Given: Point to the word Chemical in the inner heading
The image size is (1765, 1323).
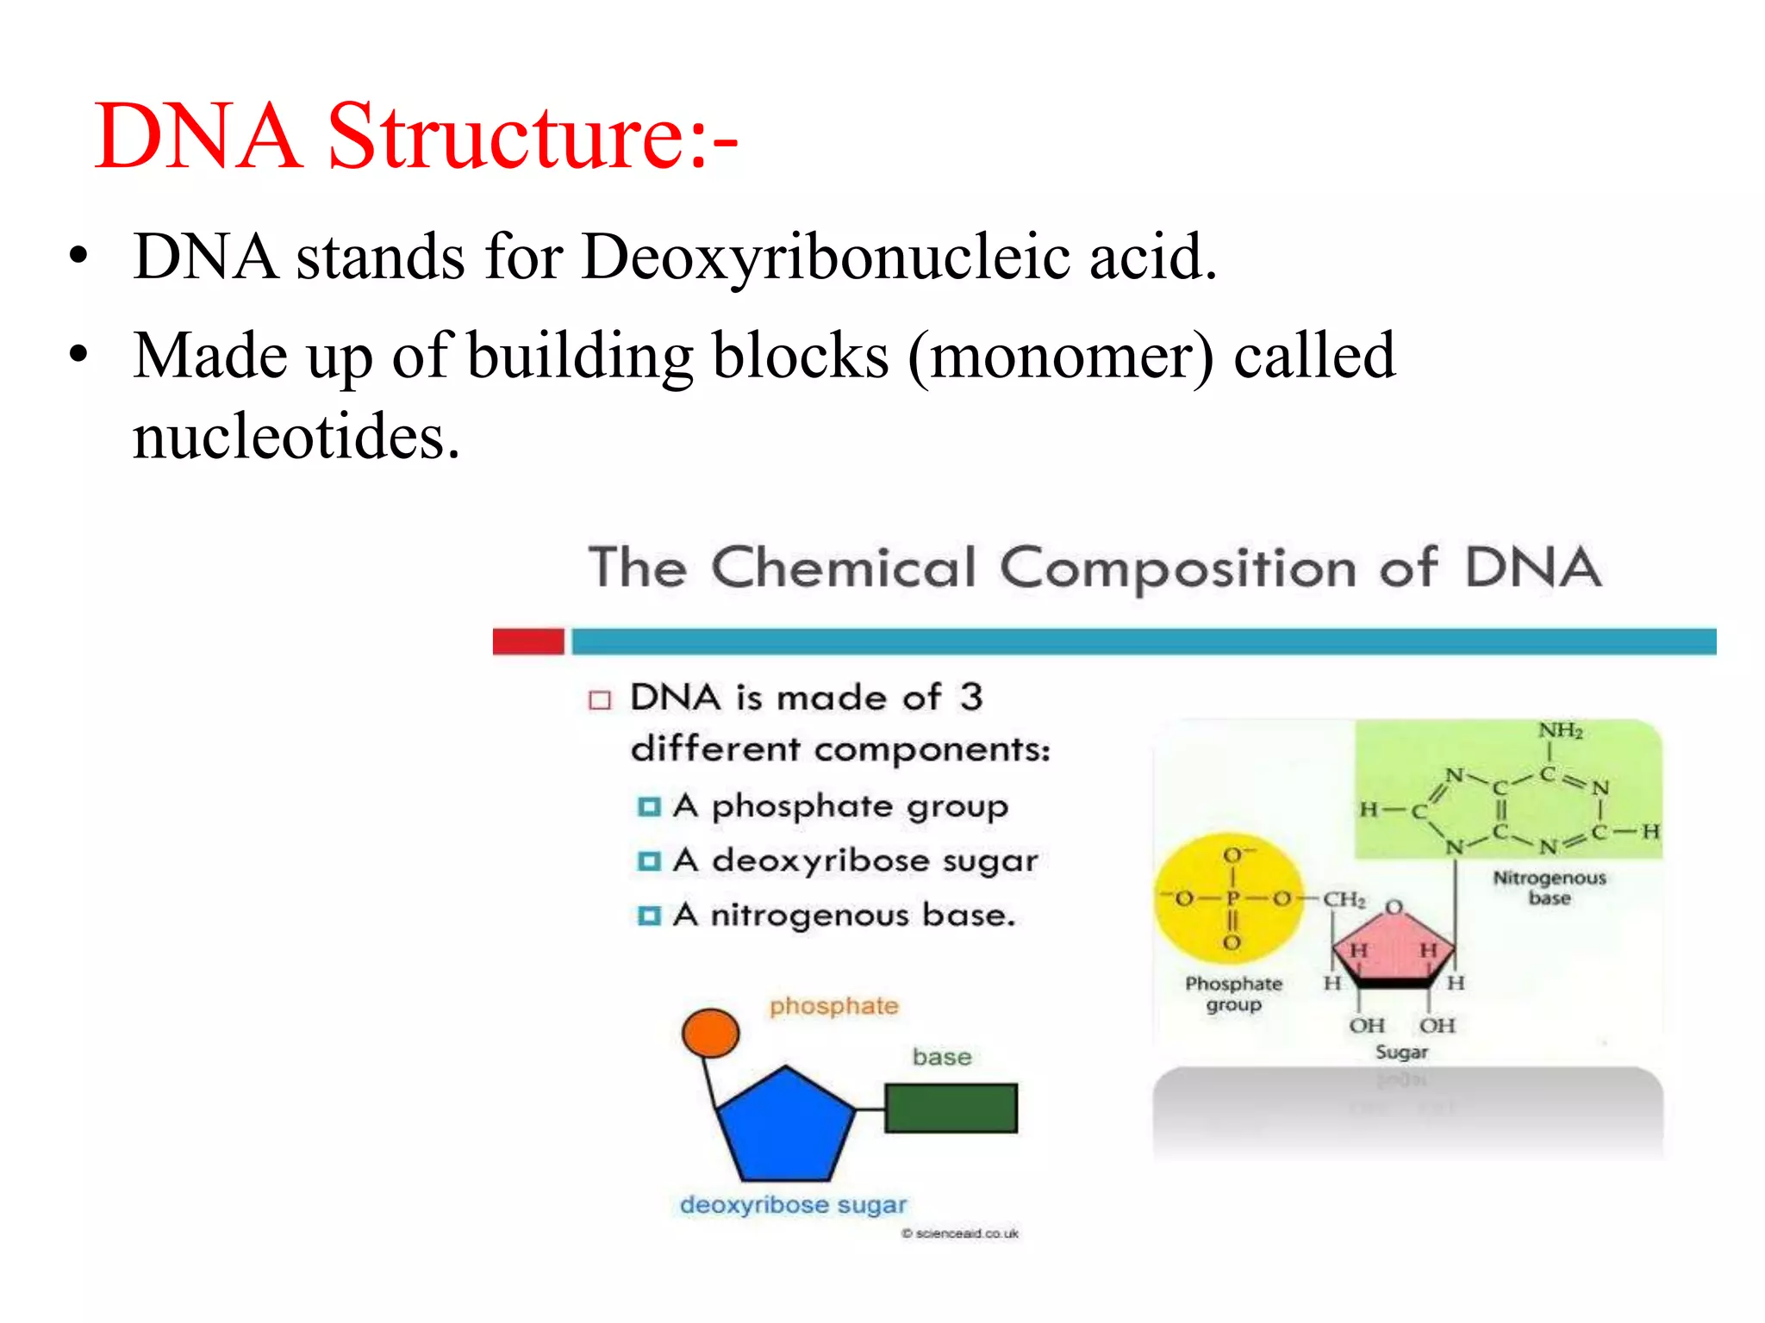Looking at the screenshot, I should [844, 568].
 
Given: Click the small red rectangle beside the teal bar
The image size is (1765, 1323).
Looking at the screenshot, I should [528, 642].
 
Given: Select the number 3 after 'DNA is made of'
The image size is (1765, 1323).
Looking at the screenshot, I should [971, 697].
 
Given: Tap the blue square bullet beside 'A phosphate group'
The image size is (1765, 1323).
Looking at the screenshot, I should [648, 807].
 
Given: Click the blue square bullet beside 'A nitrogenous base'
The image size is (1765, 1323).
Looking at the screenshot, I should [648, 916].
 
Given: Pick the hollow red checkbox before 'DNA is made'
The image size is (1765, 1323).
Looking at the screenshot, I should [600, 699].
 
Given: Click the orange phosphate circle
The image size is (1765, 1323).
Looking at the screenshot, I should [710, 1033].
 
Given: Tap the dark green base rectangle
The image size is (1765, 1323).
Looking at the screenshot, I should [951, 1109].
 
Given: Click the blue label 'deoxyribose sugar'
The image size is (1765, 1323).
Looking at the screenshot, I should [793, 1205].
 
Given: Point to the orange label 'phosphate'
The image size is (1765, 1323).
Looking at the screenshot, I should [833, 1006].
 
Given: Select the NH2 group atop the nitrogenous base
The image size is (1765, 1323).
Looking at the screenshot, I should [1561, 731].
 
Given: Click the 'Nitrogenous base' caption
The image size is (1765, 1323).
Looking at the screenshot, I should [1549, 888].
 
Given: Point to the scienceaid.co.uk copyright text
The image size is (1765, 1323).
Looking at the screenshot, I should [960, 1233].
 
